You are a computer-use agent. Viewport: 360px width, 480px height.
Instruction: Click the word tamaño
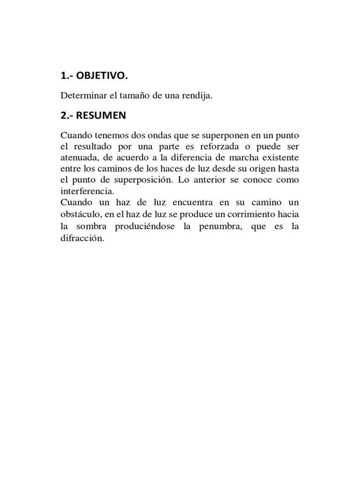point(135,96)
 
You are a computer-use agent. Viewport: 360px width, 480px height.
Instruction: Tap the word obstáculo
point(80,214)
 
